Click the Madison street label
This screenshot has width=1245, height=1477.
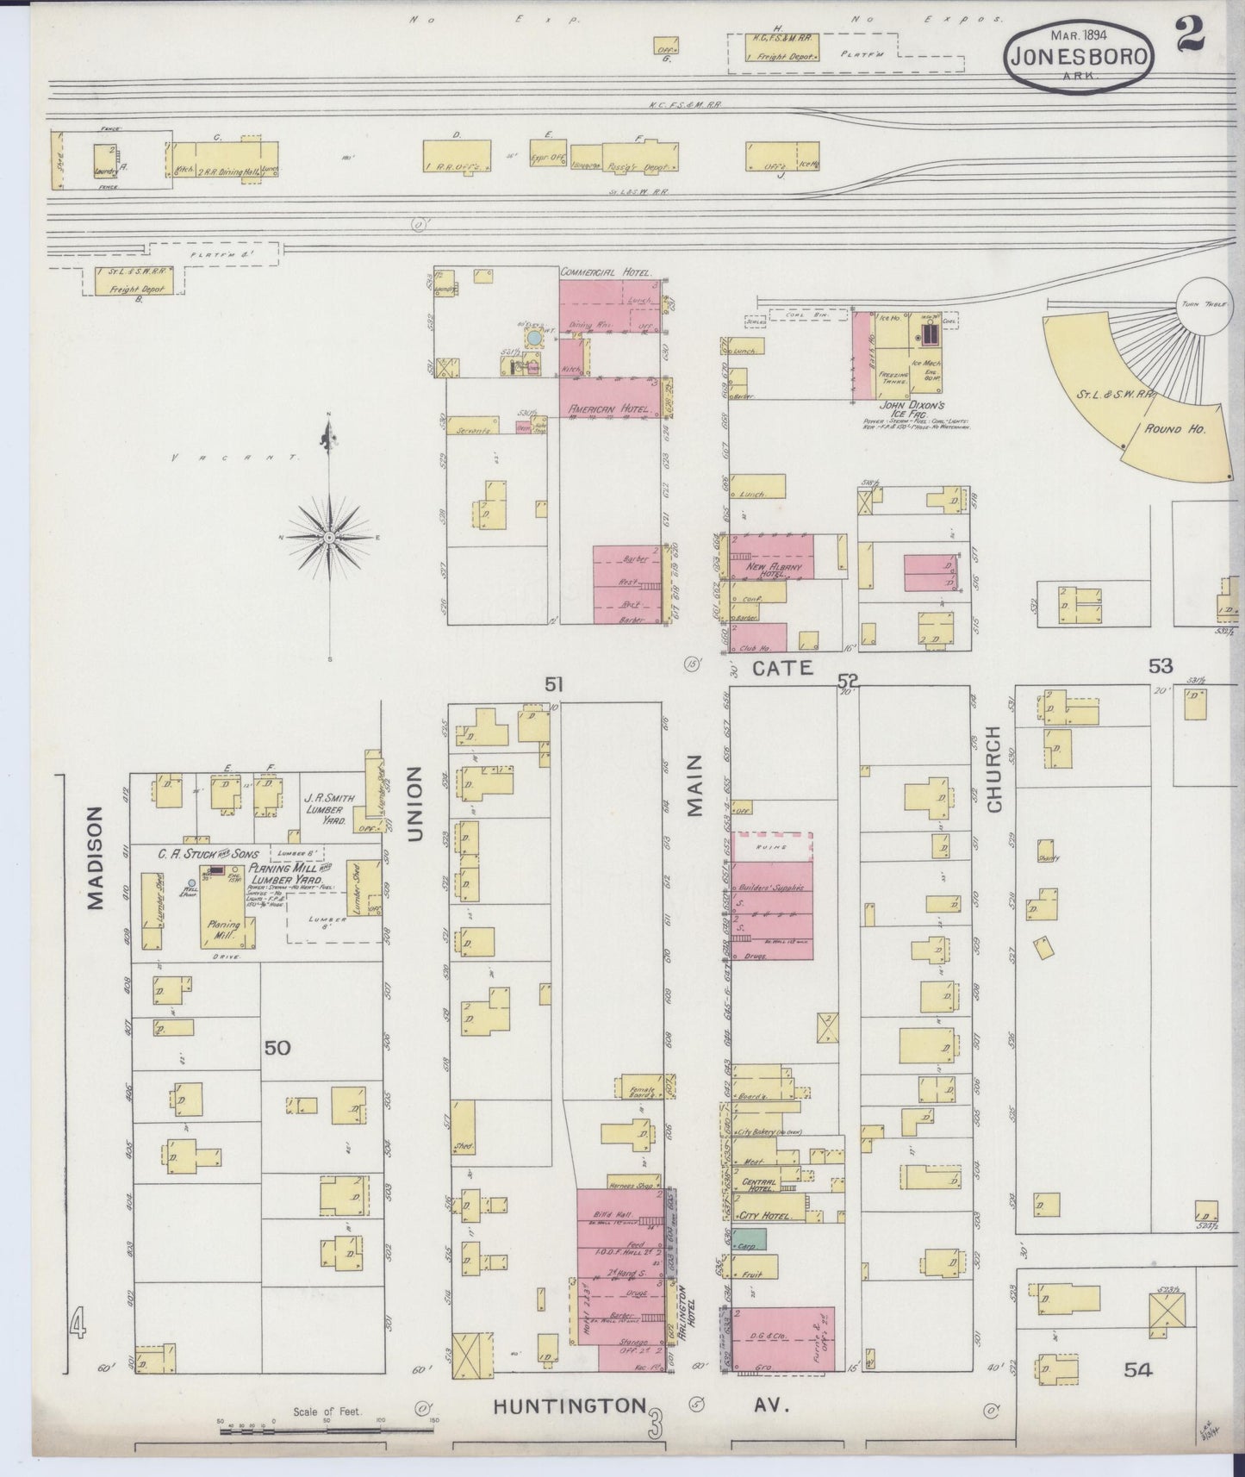(94, 857)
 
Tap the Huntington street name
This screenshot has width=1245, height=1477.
(569, 1406)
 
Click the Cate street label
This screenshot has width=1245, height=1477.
(782, 667)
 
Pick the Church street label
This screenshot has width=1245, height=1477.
(993, 769)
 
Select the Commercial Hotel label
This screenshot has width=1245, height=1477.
(606, 272)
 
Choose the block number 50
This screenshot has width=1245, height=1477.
(277, 1048)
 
